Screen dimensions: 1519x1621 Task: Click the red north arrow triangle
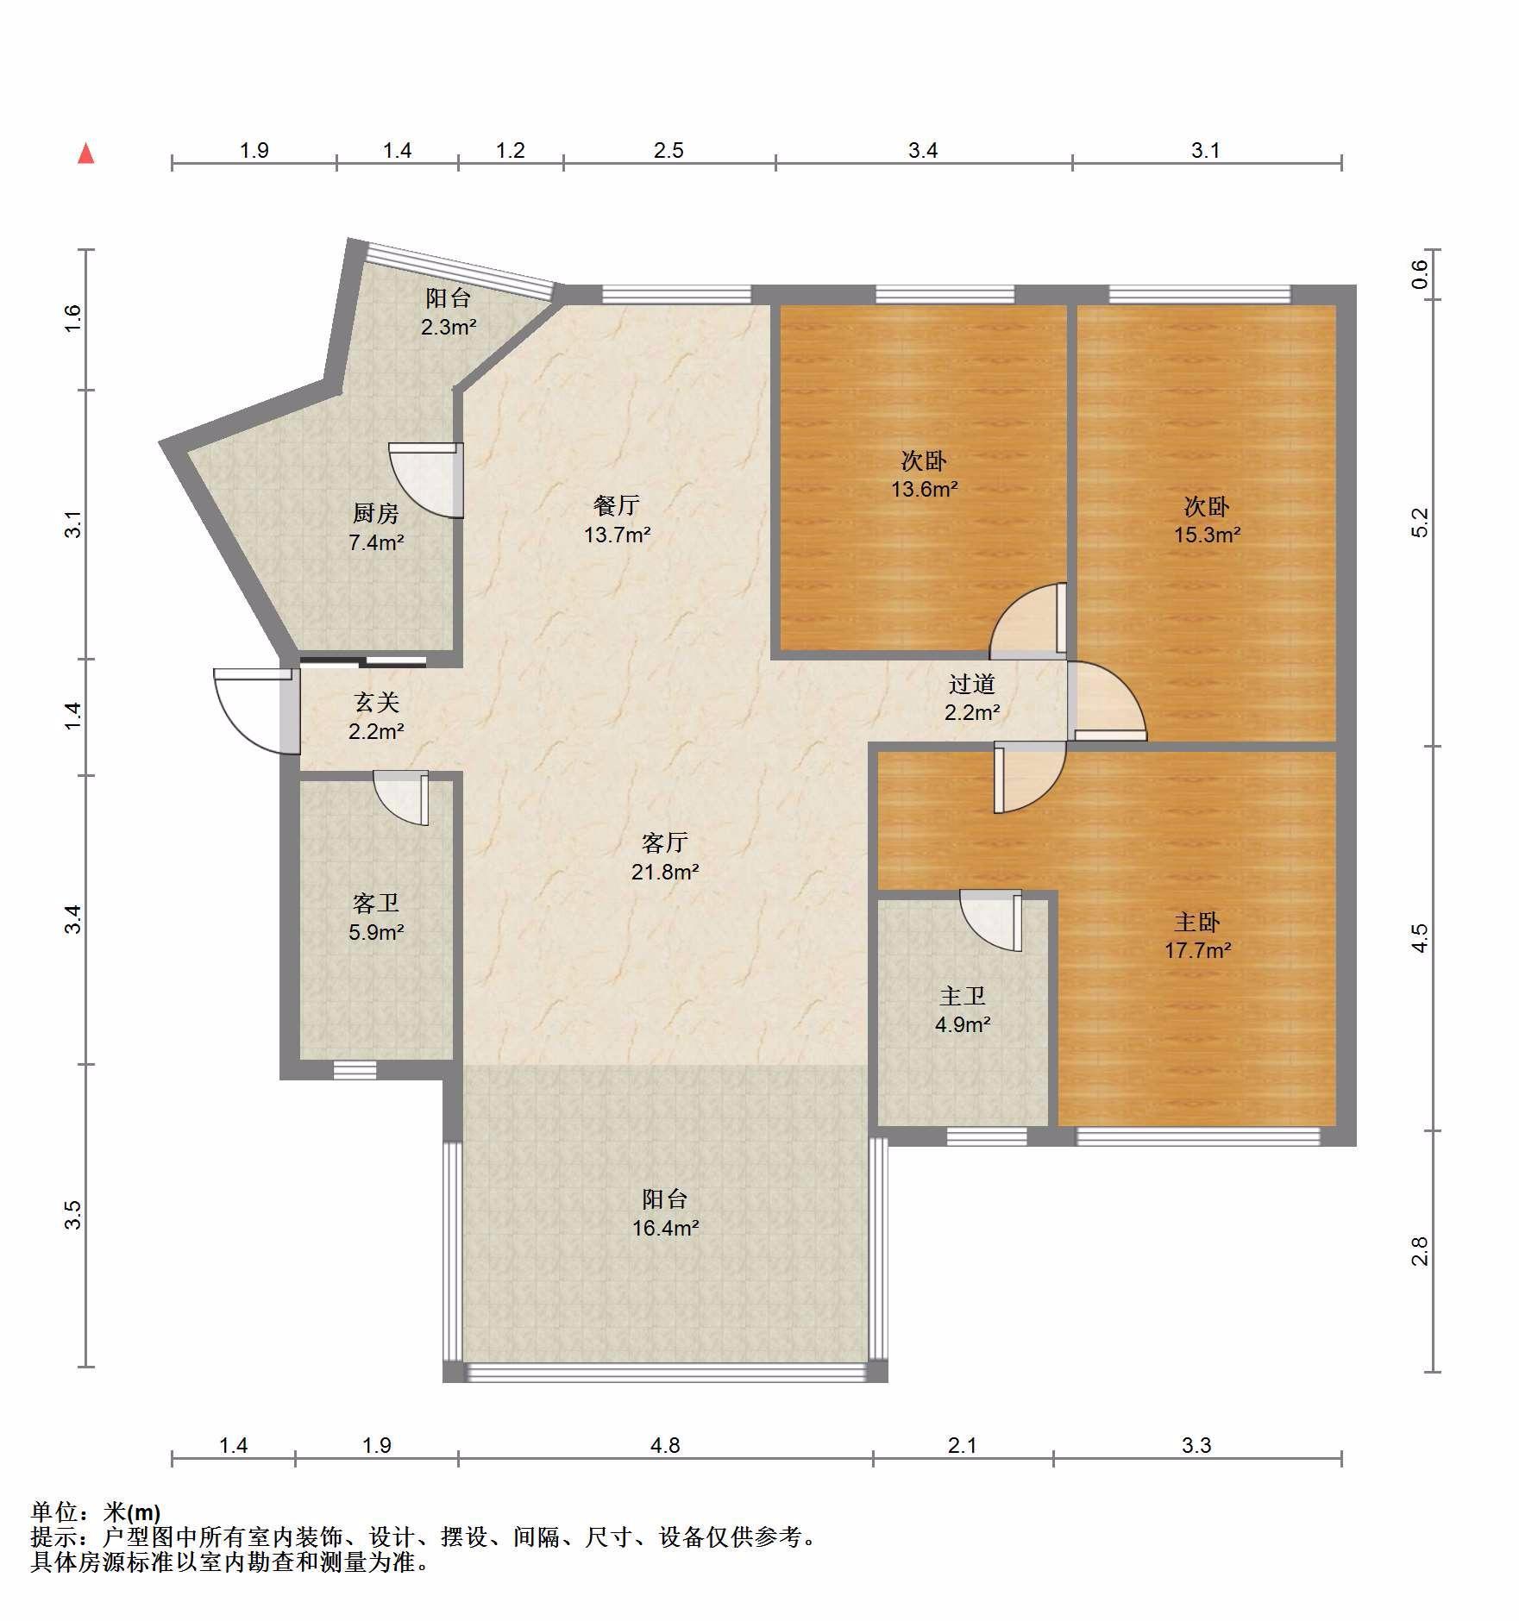[85, 153]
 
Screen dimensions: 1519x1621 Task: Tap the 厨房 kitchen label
[376, 514]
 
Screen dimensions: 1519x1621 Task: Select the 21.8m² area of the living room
[664, 872]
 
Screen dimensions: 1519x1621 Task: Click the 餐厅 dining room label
[616, 505]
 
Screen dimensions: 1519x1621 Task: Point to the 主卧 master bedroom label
[1197, 922]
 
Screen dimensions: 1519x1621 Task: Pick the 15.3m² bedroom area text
[1207, 535]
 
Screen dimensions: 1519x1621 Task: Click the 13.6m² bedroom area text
[924, 490]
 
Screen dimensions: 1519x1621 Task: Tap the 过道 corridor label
[972, 684]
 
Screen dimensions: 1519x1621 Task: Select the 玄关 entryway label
[377, 703]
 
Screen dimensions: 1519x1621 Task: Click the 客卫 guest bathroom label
[376, 903]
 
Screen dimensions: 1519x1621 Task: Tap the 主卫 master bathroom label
[963, 996]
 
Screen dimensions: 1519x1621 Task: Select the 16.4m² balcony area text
[664, 1228]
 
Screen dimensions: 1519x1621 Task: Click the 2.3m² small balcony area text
[449, 328]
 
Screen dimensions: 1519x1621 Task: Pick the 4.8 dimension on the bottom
[665, 1445]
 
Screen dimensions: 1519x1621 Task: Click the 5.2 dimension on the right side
[1419, 523]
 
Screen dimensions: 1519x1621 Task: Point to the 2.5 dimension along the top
[668, 151]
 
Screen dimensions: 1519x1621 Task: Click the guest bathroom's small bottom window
[355, 1070]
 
